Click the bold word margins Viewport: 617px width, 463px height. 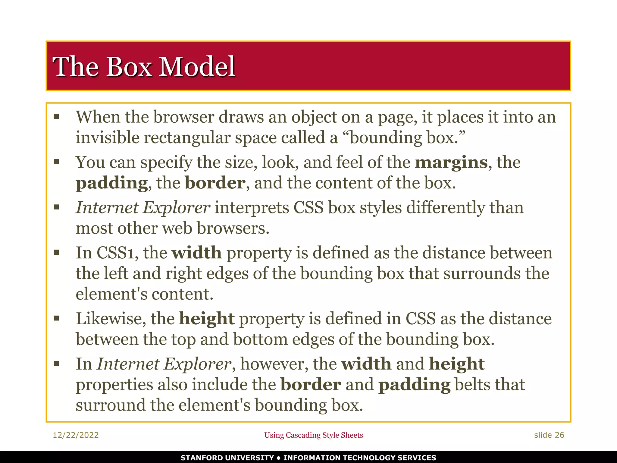451,163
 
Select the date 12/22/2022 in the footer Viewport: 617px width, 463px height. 76,435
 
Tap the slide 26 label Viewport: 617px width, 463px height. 549,435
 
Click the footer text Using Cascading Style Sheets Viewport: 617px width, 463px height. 313,435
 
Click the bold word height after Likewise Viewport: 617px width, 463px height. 207,319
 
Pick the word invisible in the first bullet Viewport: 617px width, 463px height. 107,138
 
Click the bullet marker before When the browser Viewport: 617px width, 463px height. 56,117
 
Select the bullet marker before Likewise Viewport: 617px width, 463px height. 56,318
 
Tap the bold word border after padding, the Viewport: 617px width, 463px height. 215,183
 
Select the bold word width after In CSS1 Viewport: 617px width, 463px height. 196,253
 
